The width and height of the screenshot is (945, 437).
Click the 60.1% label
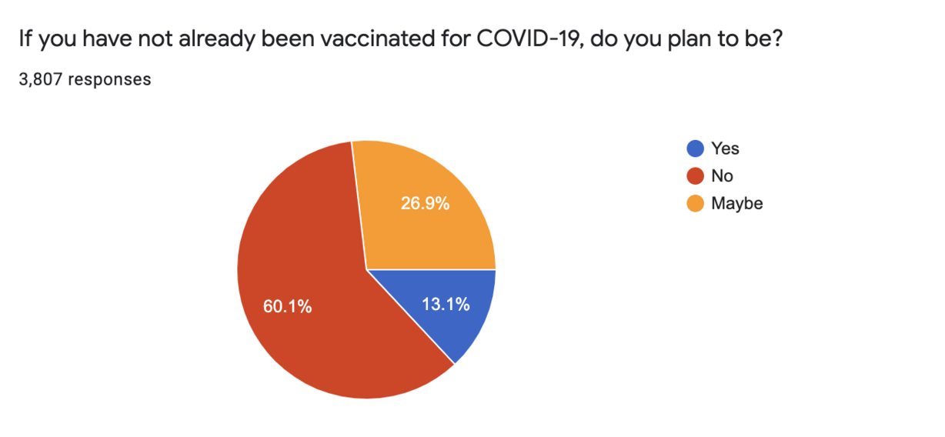pyautogui.click(x=287, y=306)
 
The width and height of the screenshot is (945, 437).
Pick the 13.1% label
pyautogui.click(x=446, y=304)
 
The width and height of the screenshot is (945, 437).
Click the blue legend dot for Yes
pyautogui.click(x=696, y=149)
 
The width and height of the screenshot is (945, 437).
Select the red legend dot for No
pyautogui.click(x=696, y=176)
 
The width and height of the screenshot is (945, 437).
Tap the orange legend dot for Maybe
pyautogui.click(x=696, y=203)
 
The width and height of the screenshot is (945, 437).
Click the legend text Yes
pyautogui.click(x=725, y=149)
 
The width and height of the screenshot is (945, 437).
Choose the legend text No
pyautogui.click(x=722, y=176)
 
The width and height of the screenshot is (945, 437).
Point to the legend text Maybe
pyautogui.click(x=736, y=203)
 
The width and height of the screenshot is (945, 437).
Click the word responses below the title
pyautogui.click(x=109, y=80)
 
